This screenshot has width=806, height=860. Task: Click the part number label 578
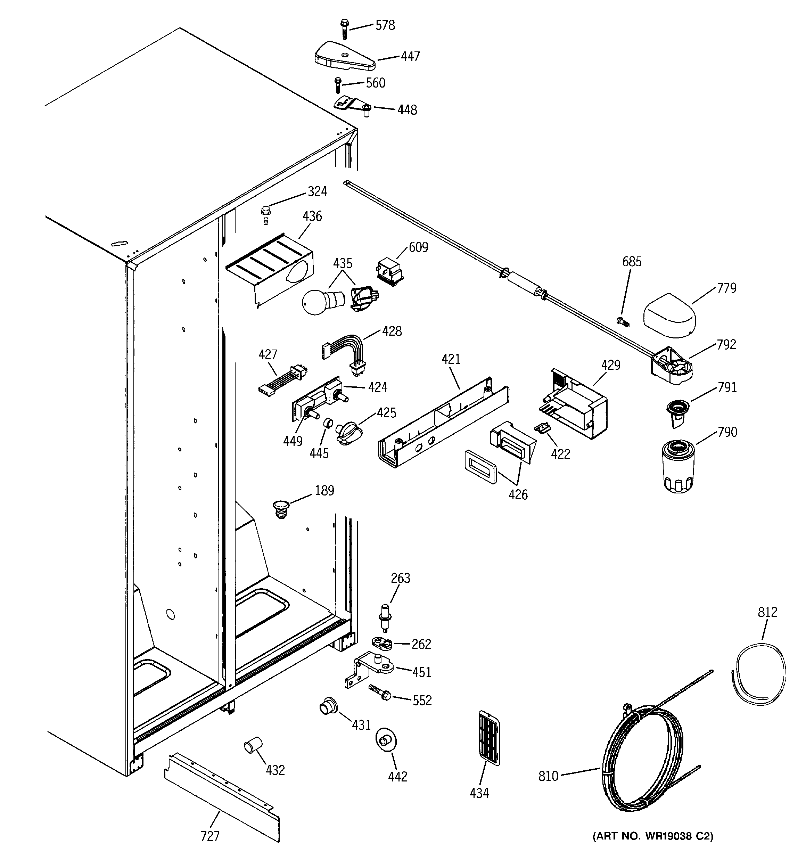[x=385, y=25]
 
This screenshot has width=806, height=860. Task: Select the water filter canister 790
[x=678, y=466]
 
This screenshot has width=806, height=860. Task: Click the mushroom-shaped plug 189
[x=281, y=508]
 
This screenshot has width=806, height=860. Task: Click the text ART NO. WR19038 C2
[x=652, y=848]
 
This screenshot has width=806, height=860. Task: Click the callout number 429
[x=610, y=365]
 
